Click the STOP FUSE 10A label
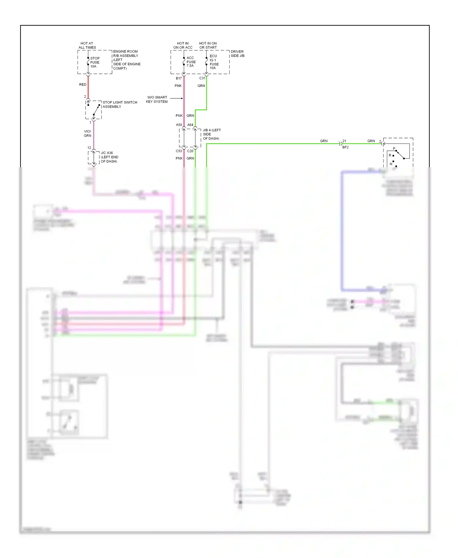pyautogui.click(x=95, y=62)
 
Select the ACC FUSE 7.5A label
pyautogui.click(x=191, y=62)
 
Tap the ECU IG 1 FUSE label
pyautogui.click(x=214, y=62)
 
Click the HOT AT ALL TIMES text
pyautogui.click(x=87, y=45)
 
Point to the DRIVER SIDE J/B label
pyautogui.click(x=237, y=54)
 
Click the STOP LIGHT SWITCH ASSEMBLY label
pyautogui.click(x=119, y=104)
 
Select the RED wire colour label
pyautogui.click(x=83, y=85)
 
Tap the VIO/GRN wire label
pyautogui.click(x=87, y=133)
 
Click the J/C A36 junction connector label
pyautogui.click(x=109, y=157)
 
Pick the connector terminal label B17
pyautogui.click(x=179, y=78)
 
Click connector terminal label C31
pyautogui.click(x=202, y=78)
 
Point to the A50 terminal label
pyautogui.click(x=179, y=125)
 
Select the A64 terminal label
pyautogui.click(x=190, y=125)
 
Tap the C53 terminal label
pyautogui.click(x=179, y=151)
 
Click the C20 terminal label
pyautogui.click(x=190, y=151)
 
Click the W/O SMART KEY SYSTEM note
pyautogui.click(x=157, y=100)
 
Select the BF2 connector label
pyautogui.click(x=345, y=147)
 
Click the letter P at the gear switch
pyautogui.click(x=394, y=149)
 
